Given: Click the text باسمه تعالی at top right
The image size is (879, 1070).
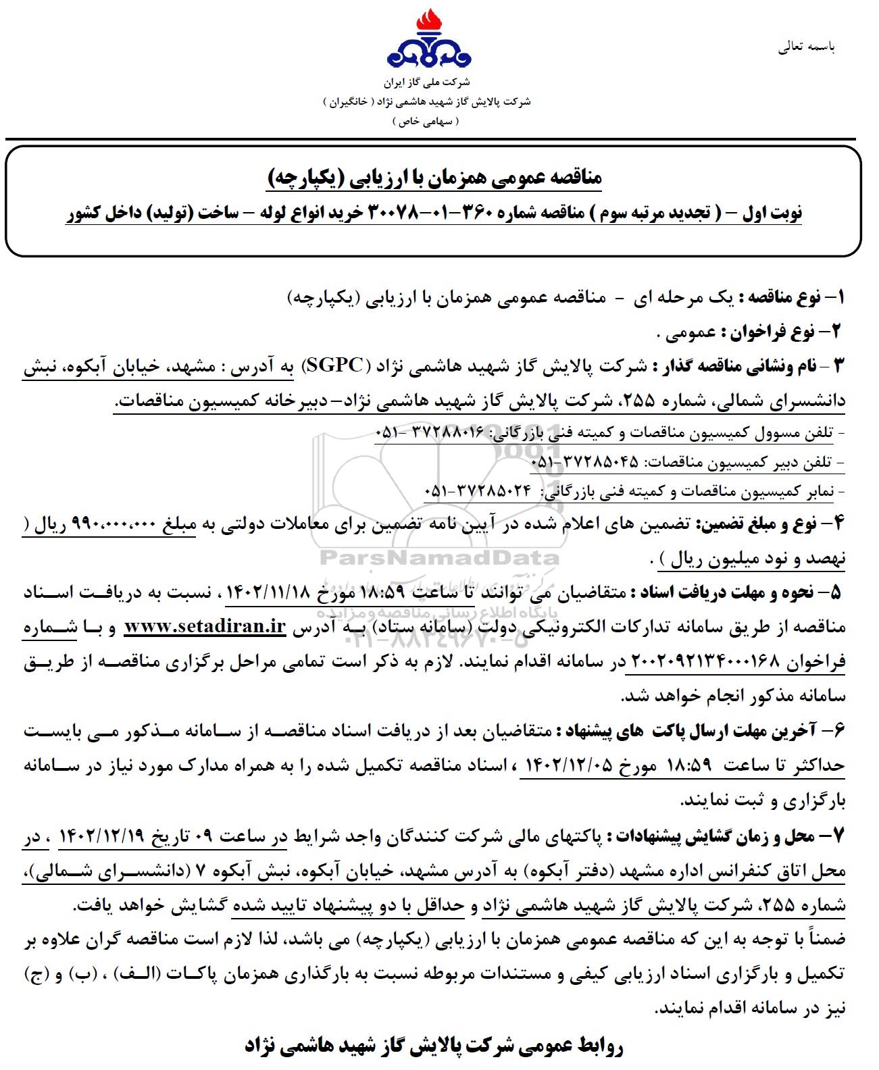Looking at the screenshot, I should (807, 47).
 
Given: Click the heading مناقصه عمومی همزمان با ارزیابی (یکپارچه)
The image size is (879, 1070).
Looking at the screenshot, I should (432, 178).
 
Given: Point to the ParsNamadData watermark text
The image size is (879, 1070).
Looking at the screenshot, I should (439, 558).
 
